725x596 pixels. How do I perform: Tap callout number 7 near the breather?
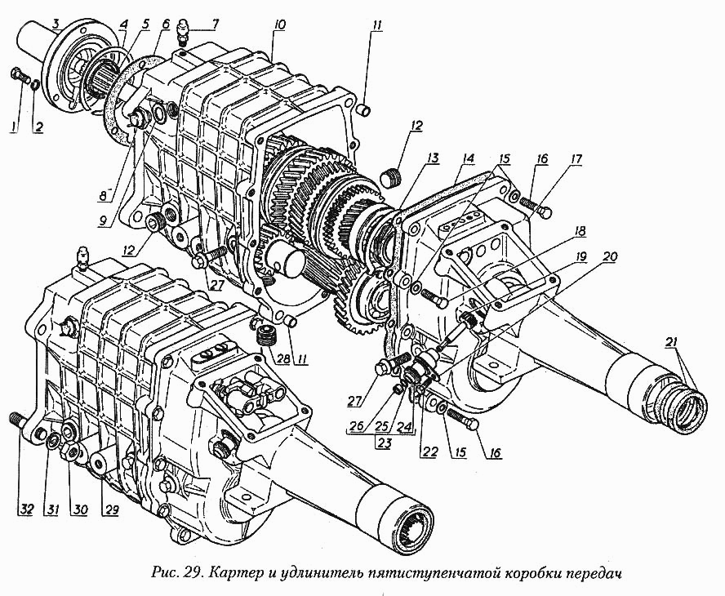pyautogui.click(x=215, y=23)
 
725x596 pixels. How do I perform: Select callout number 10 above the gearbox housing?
pyautogui.click(x=279, y=24)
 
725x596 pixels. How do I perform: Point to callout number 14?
pyautogui.click(x=468, y=158)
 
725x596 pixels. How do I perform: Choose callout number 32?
pyautogui.click(x=26, y=509)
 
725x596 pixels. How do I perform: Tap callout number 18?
pyautogui.click(x=580, y=231)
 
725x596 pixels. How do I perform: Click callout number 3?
pyautogui.click(x=56, y=23)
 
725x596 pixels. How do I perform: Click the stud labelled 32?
pyautogui.click(x=16, y=420)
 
